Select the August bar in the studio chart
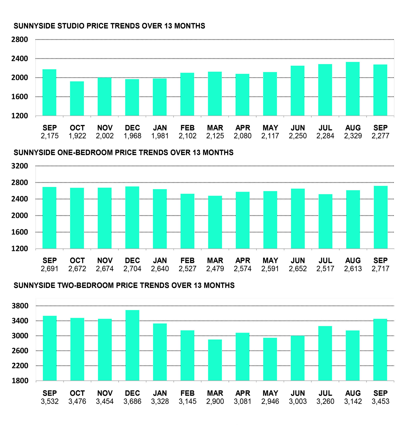click(353, 89)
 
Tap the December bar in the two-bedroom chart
click(132, 345)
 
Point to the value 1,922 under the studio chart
click(77, 136)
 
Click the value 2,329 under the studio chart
click(353, 136)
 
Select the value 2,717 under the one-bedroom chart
click(380, 269)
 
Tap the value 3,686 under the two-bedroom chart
click(132, 402)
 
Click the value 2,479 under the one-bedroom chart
click(215, 269)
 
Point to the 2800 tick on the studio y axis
click(20, 40)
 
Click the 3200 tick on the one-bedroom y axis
click(20, 166)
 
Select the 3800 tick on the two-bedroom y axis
click(20, 306)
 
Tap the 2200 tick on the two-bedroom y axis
click(20, 366)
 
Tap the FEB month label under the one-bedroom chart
click(187, 261)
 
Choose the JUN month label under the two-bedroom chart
click(298, 394)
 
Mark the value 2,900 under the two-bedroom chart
click(215, 402)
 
